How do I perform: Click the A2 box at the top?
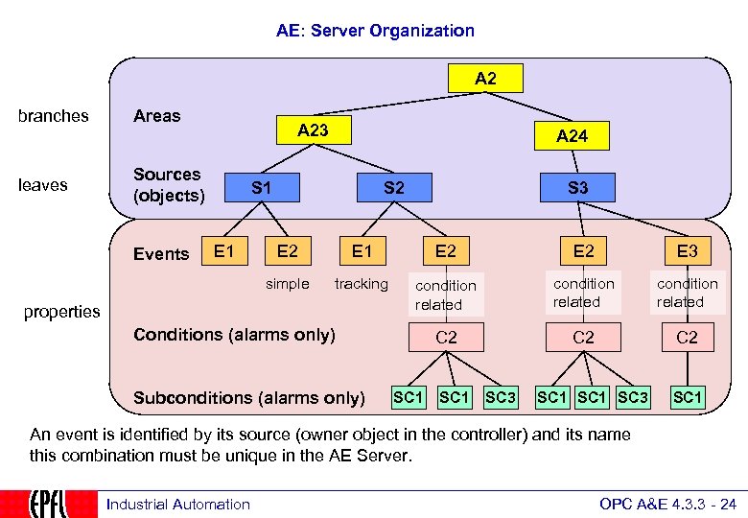pyautogui.click(x=485, y=79)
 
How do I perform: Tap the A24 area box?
pyautogui.click(x=572, y=136)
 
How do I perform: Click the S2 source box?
pyautogui.click(x=393, y=188)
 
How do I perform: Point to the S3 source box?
pyautogui.click(x=577, y=188)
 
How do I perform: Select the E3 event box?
pyautogui.click(x=687, y=252)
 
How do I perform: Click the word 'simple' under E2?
pyautogui.click(x=288, y=284)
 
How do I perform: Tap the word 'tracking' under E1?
pyautogui.click(x=361, y=284)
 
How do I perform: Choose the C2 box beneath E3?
pyautogui.click(x=687, y=338)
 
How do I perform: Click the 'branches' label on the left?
pyautogui.click(x=54, y=116)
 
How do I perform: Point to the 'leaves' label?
pyautogui.click(x=43, y=185)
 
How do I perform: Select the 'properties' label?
pyautogui.click(x=62, y=312)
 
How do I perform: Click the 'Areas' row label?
pyautogui.click(x=156, y=116)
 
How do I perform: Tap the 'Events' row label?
pyautogui.click(x=161, y=254)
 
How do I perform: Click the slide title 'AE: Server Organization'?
pyautogui.click(x=375, y=31)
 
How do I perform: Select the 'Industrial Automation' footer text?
pyautogui.click(x=178, y=505)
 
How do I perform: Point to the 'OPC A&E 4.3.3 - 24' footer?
pyautogui.click(x=667, y=505)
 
